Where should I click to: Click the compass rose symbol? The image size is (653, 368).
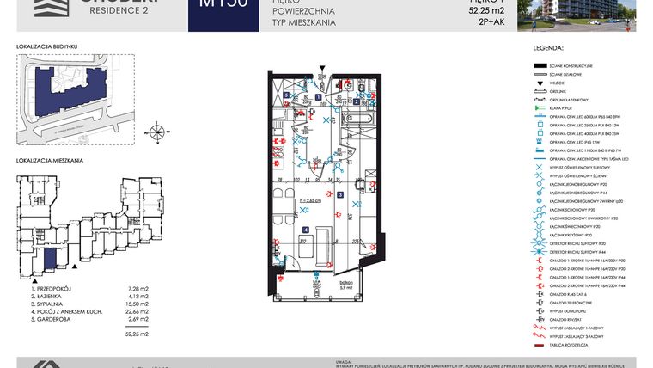(x=157, y=132)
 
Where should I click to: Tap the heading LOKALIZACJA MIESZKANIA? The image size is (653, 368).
(x=50, y=161)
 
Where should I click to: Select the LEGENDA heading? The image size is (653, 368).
(x=547, y=51)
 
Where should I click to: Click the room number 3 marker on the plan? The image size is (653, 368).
(x=339, y=195)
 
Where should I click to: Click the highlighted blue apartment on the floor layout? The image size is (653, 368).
(x=50, y=259)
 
